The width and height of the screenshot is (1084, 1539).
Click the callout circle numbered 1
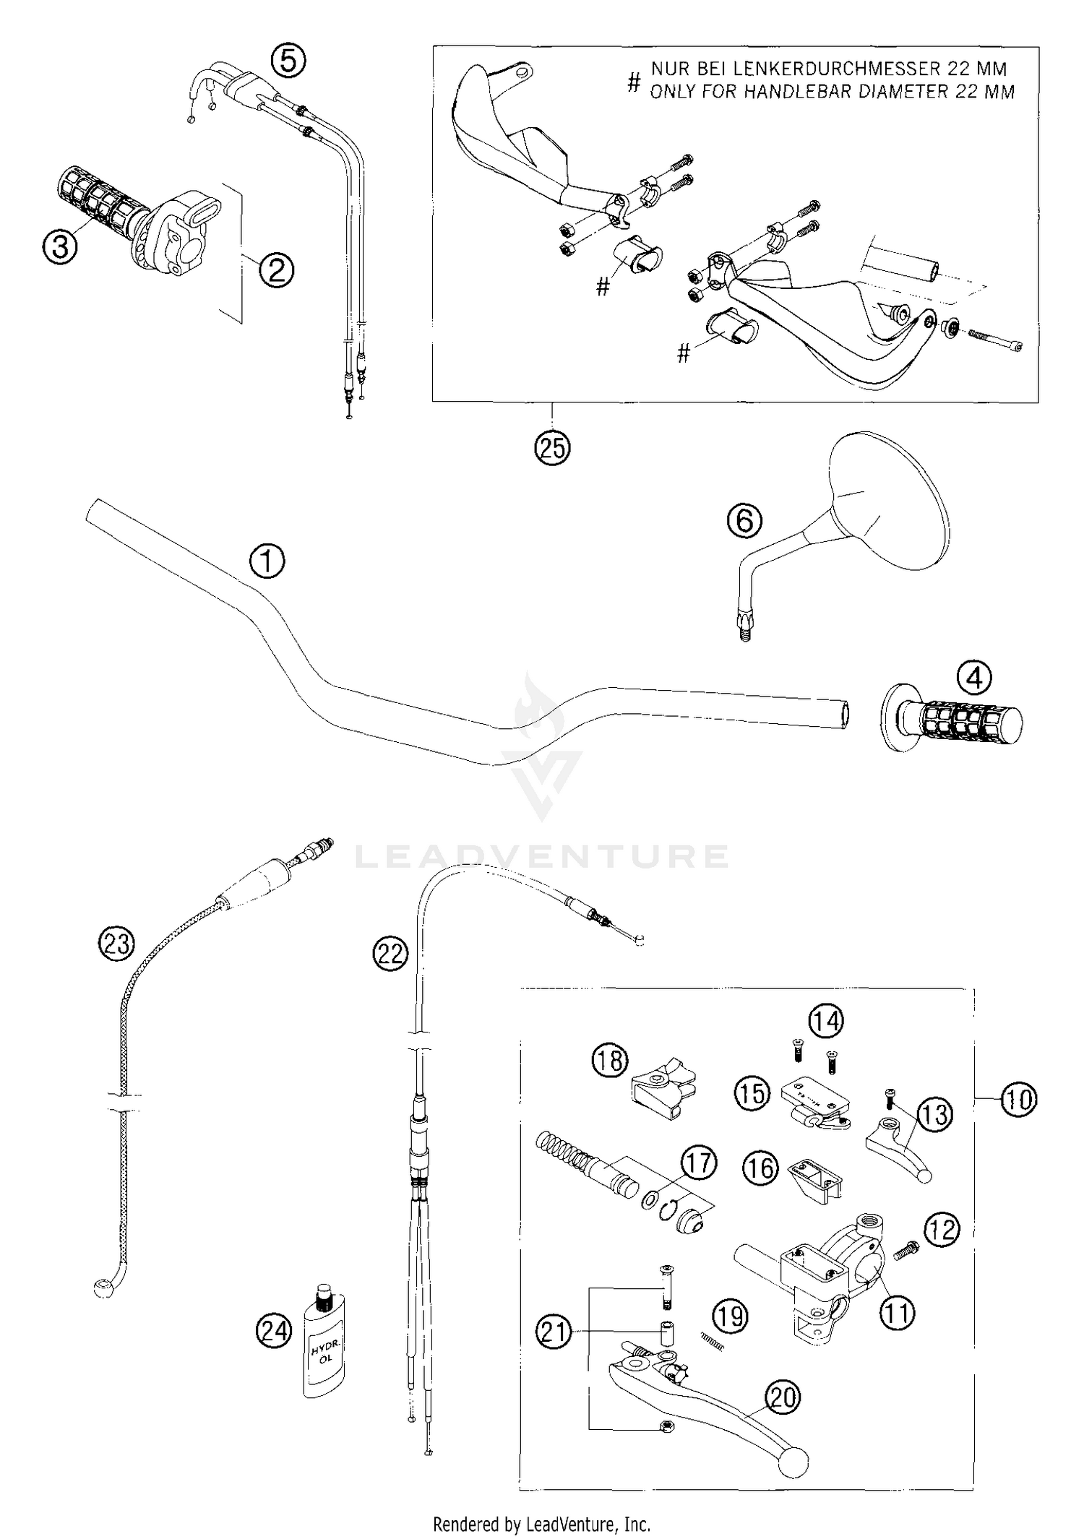tap(267, 561)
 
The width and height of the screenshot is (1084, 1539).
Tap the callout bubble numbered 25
tap(552, 448)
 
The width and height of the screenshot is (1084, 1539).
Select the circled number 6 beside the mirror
tap(744, 520)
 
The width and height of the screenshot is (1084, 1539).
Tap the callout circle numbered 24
tap(274, 1331)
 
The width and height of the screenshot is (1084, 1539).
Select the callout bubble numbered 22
tap(390, 954)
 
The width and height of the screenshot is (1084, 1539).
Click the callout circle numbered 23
tap(117, 944)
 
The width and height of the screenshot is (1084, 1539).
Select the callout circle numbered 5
tap(288, 61)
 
